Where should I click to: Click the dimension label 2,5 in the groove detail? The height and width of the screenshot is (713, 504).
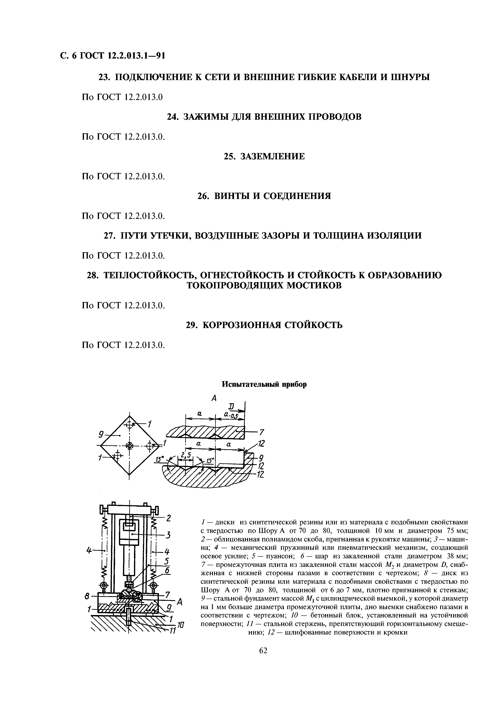coord(186,455)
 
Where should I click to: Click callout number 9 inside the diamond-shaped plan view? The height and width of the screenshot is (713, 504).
coord(101,435)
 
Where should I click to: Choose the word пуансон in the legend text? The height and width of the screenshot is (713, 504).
coord(275,556)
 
